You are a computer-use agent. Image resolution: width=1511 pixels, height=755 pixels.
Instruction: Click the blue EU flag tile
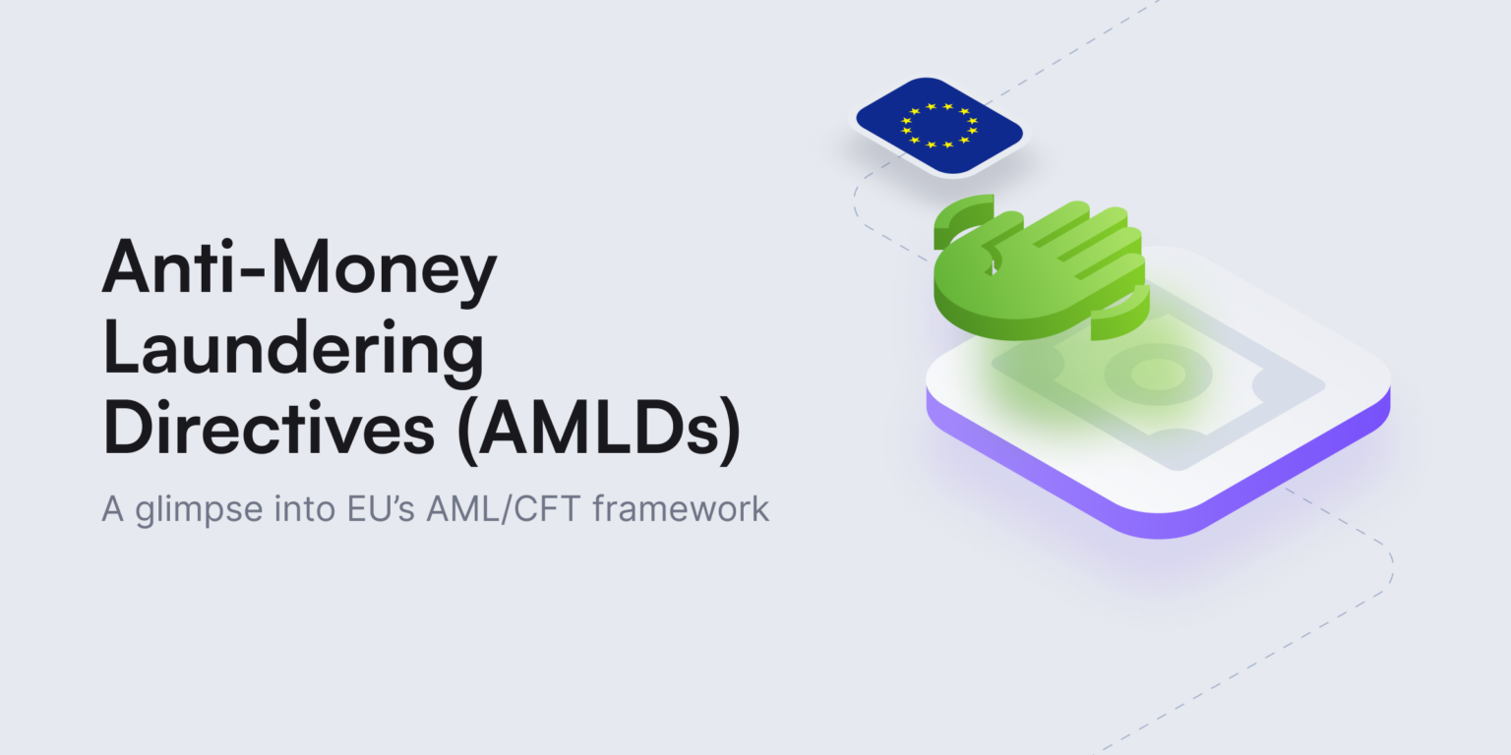(938, 126)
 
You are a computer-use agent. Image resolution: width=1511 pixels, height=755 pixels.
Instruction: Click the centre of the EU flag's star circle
(938, 125)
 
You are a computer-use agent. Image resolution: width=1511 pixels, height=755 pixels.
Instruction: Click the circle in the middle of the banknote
(1157, 375)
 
